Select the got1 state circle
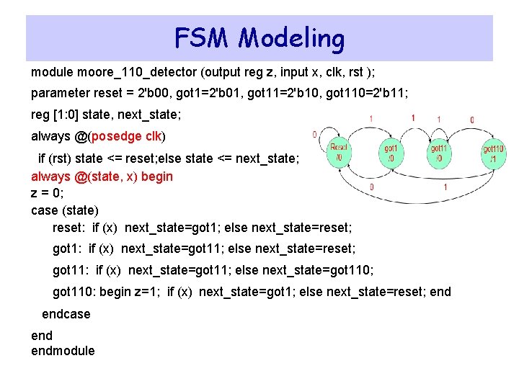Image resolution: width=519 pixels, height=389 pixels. pos(391,152)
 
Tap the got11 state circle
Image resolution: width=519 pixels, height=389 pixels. pos(438,152)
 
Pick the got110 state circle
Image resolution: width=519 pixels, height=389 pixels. pos(494,152)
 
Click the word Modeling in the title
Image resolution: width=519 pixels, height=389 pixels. pos(291,39)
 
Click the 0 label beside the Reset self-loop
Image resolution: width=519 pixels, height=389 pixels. pos(314,134)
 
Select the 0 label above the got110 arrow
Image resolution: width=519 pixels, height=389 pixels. pos(472,120)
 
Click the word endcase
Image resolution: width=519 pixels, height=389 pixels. pos(66,314)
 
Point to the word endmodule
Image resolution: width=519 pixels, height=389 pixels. pos(63,351)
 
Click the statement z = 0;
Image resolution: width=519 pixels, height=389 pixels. pos(48,193)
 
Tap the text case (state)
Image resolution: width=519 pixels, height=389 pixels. pos(65,210)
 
